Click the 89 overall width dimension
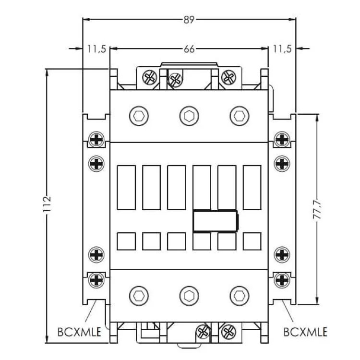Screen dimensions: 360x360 click(189, 20)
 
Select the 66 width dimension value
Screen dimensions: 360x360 click(189, 49)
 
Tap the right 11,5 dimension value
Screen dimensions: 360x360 click(282, 49)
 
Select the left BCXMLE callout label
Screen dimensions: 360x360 click(79, 332)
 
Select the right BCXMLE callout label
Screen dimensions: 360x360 click(305, 332)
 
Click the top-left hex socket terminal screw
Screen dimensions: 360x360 click(139, 116)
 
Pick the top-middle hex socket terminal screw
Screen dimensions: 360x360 click(189, 116)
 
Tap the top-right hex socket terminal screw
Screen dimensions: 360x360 click(239, 116)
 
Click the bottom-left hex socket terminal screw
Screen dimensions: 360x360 click(139, 295)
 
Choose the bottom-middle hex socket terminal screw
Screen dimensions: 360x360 click(189, 295)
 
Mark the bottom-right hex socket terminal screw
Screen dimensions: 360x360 click(239, 295)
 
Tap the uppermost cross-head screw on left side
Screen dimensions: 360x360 click(97, 140)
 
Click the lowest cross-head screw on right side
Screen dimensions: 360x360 click(281, 278)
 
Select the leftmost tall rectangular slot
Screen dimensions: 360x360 click(126, 187)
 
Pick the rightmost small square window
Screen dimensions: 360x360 click(252, 241)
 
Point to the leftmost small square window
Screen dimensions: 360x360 click(126, 241)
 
